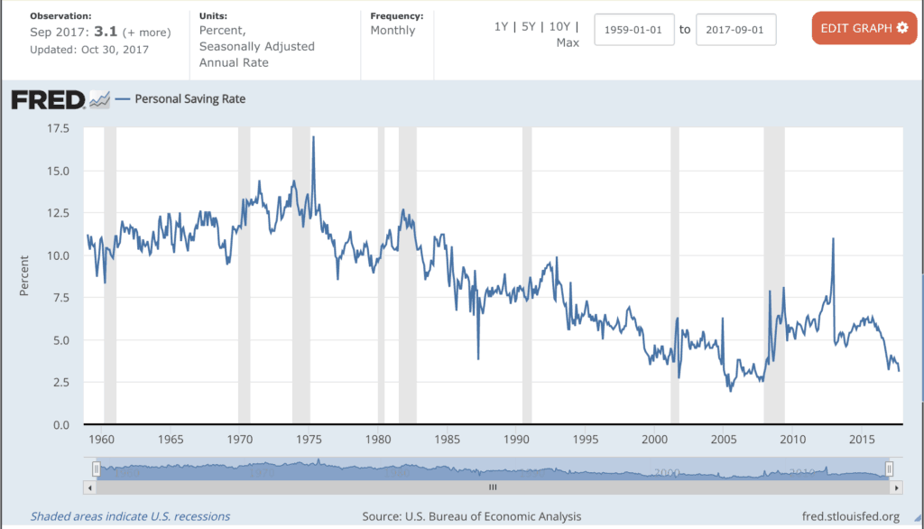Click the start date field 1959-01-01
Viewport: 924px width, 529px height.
pyautogui.click(x=634, y=30)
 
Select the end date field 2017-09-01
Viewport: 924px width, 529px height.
pyautogui.click(x=735, y=30)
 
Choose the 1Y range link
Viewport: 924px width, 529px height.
pyautogui.click(x=501, y=26)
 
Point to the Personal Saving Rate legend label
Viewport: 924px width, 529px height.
pyautogui.click(x=189, y=99)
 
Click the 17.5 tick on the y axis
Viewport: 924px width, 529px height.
pyautogui.click(x=59, y=128)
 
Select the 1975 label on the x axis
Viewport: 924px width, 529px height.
pyautogui.click(x=309, y=440)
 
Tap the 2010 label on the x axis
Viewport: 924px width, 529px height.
pyautogui.click(x=792, y=440)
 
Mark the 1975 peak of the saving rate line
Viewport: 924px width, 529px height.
pyautogui.click(x=313, y=137)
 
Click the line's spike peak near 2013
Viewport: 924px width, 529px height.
pyautogui.click(x=833, y=239)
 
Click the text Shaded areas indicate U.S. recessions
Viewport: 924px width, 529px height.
pyautogui.click(x=130, y=516)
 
